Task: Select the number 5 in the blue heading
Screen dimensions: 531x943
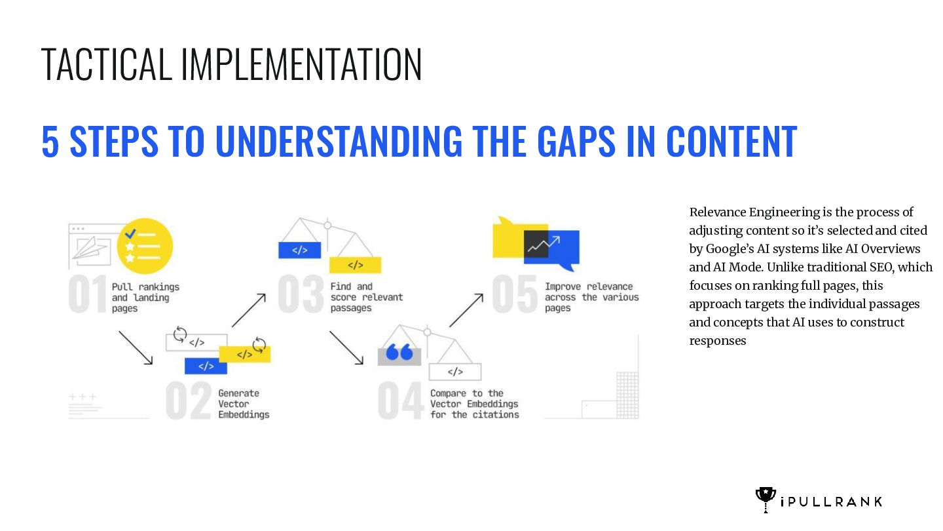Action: tap(50, 141)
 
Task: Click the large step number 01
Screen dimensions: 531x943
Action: tap(88, 296)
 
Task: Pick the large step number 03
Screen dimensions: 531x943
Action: tap(301, 296)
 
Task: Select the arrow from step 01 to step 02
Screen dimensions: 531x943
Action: tap(136, 347)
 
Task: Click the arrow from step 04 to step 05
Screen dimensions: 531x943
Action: tap(466, 310)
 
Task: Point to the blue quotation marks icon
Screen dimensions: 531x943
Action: tap(399, 353)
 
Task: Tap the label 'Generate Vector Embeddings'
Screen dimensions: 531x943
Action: tap(244, 404)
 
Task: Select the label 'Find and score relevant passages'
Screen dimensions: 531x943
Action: tap(366, 297)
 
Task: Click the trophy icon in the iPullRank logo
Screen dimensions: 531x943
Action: tap(765, 500)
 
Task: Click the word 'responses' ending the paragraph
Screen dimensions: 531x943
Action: tap(717, 341)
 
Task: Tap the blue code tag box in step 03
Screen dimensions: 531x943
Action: tap(299, 250)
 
